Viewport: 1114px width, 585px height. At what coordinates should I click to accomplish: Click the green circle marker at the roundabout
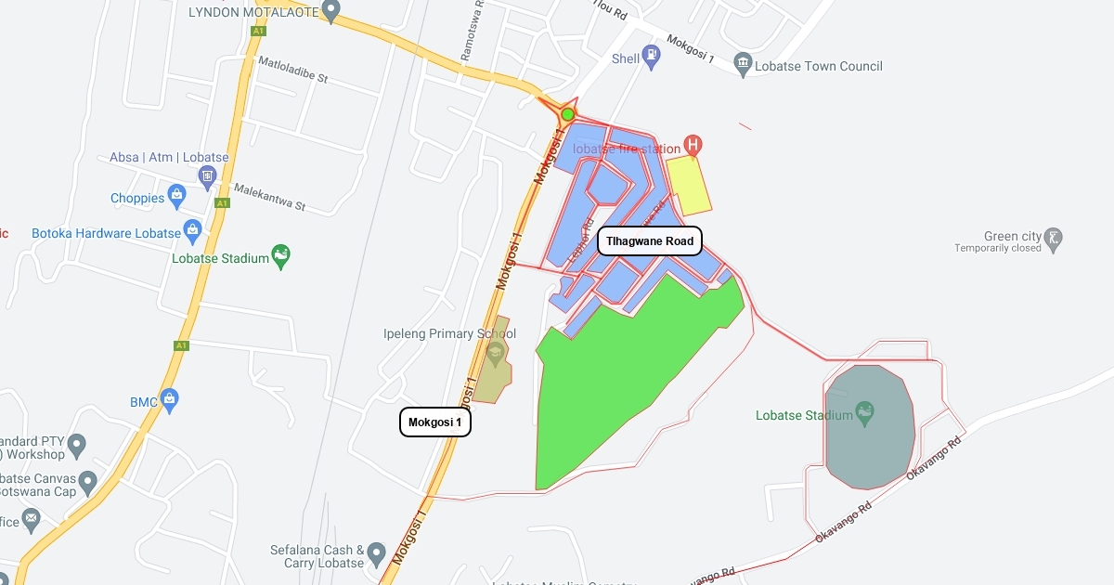click(x=567, y=114)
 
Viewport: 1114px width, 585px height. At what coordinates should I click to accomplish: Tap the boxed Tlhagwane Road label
click(x=650, y=241)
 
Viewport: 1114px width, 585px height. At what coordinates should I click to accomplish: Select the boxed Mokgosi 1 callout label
click(x=435, y=422)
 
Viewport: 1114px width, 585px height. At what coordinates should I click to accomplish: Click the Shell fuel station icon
click(x=654, y=56)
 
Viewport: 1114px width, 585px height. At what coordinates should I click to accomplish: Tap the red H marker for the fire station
click(x=693, y=145)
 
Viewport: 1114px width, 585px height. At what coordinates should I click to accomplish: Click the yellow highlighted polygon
click(x=688, y=185)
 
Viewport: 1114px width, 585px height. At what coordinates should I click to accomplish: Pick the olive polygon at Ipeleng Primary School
click(x=492, y=371)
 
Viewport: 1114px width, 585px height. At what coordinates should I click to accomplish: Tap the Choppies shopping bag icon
click(x=177, y=197)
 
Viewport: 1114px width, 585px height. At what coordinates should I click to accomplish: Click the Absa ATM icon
click(x=208, y=175)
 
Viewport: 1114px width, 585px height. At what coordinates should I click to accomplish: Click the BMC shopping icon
click(x=168, y=400)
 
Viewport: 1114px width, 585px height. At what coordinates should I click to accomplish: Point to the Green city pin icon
click(x=1053, y=238)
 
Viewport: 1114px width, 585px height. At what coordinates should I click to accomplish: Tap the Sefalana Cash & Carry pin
click(x=376, y=554)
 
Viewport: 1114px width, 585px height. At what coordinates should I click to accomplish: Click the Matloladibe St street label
click(x=293, y=72)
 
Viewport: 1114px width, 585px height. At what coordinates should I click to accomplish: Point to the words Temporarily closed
click(x=998, y=249)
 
